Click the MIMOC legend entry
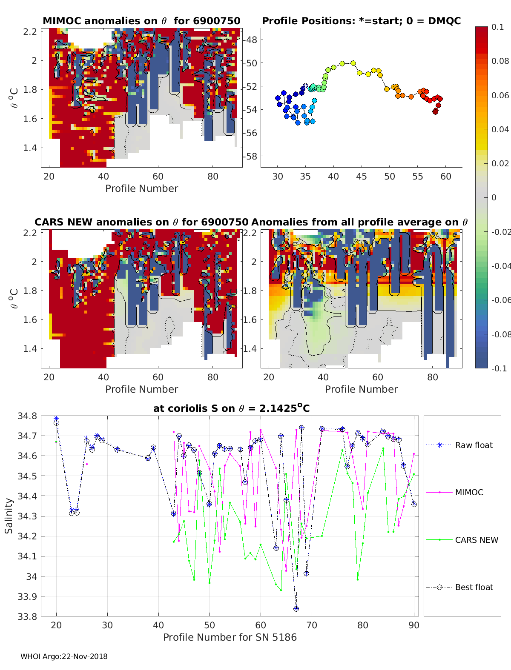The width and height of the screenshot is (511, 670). point(469,492)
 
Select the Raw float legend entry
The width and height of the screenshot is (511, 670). point(474,445)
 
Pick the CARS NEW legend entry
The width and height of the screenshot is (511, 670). point(476,540)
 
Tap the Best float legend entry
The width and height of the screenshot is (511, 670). point(474,587)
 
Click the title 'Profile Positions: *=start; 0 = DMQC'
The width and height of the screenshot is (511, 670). point(361,21)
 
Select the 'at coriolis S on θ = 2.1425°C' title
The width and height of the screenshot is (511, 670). point(231,408)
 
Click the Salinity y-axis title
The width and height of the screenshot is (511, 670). point(9,516)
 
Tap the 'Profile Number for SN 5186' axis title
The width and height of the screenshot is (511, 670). point(230,637)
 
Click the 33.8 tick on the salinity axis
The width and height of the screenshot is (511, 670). point(27,616)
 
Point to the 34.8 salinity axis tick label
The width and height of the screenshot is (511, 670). point(27,416)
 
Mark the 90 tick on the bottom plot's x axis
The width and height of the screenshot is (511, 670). point(414,625)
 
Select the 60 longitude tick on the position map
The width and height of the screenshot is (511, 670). point(445,177)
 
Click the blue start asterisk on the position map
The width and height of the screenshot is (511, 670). point(305,86)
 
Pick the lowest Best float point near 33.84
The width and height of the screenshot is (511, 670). point(296,609)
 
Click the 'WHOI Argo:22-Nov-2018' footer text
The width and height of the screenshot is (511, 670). point(64,656)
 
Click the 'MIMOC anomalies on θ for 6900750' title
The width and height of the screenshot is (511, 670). point(141,21)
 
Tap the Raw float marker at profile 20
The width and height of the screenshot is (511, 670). point(56,419)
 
